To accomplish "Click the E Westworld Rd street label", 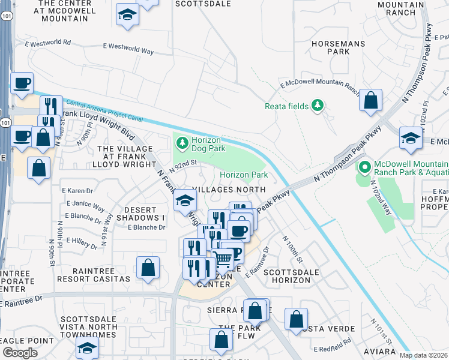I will pyautogui.click(x=48, y=43).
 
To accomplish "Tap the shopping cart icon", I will pyautogui.click(x=223, y=259).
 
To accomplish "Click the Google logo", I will pyautogui.click(x=20, y=353).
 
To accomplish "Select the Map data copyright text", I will pyautogui.click(x=423, y=355).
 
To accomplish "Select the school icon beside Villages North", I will pyautogui.click(x=185, y=200).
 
